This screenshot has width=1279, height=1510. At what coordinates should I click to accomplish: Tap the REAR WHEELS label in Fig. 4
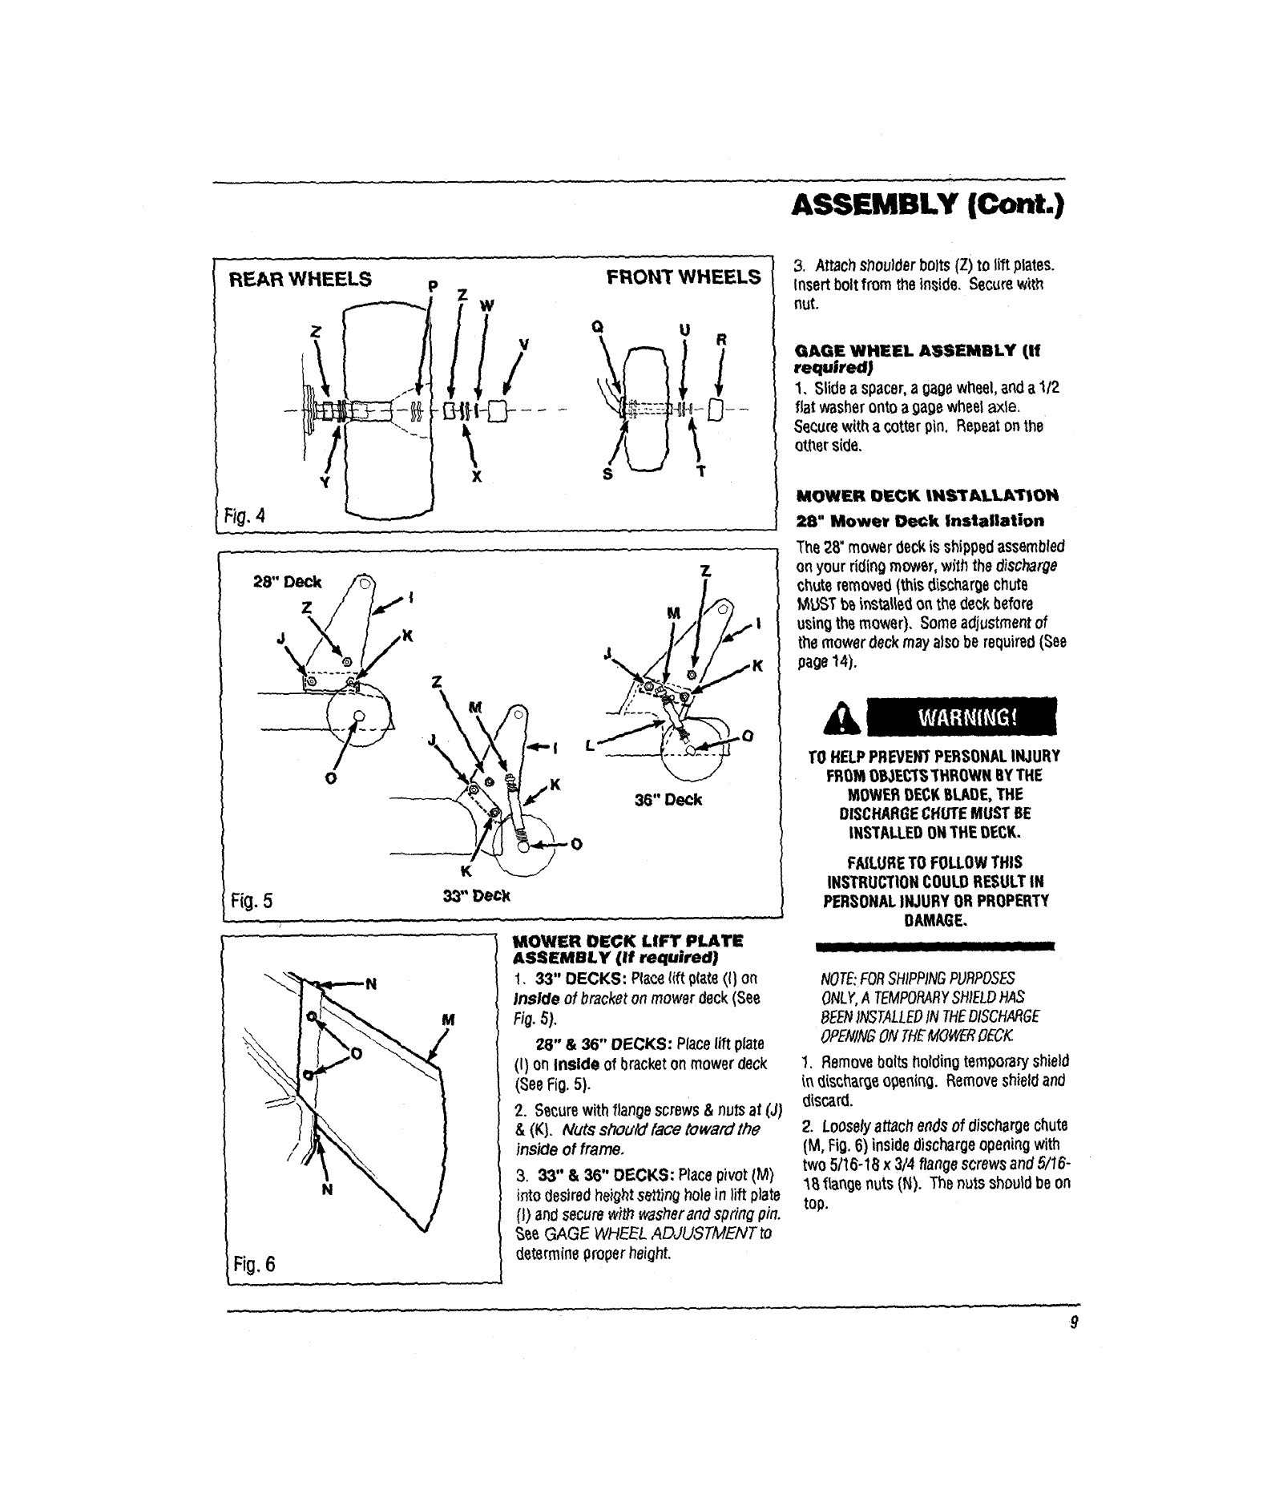point(301,280)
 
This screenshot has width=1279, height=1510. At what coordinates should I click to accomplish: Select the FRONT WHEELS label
point(684,277)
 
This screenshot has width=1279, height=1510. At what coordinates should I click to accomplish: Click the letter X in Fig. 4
point(477,475)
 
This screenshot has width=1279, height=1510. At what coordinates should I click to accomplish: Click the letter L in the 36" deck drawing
point(591,744)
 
